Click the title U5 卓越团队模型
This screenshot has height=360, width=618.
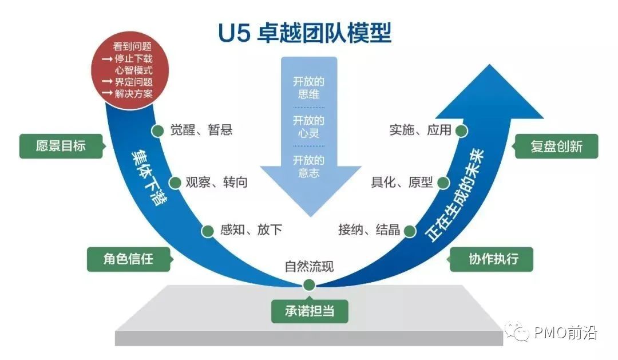click(x=304, y=33)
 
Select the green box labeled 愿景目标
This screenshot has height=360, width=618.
click(x=61, y=146)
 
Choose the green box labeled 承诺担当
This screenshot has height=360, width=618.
click(x=310, y=311)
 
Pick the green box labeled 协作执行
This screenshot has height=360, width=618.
click(x=493, y=259)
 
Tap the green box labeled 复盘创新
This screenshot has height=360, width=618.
click(x=556, y=146)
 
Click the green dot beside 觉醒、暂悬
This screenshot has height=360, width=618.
click(x=157, y=130)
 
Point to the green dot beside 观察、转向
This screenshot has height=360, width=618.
click(x=175, y=183)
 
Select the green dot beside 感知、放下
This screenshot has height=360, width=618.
click(x=208, y=231)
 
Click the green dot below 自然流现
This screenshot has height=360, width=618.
click(x=309, y=284)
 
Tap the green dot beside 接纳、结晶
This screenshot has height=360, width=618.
click(x=410, y=231)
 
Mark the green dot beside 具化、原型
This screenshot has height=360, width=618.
click(x=443, y=183)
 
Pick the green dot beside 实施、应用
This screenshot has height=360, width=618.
click(x=461, y=130)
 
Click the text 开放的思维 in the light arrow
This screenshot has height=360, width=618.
click(x=309, y=88)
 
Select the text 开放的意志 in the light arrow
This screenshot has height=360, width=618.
click(x=309, y=167)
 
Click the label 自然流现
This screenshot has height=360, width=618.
click(x=309, y=267)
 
